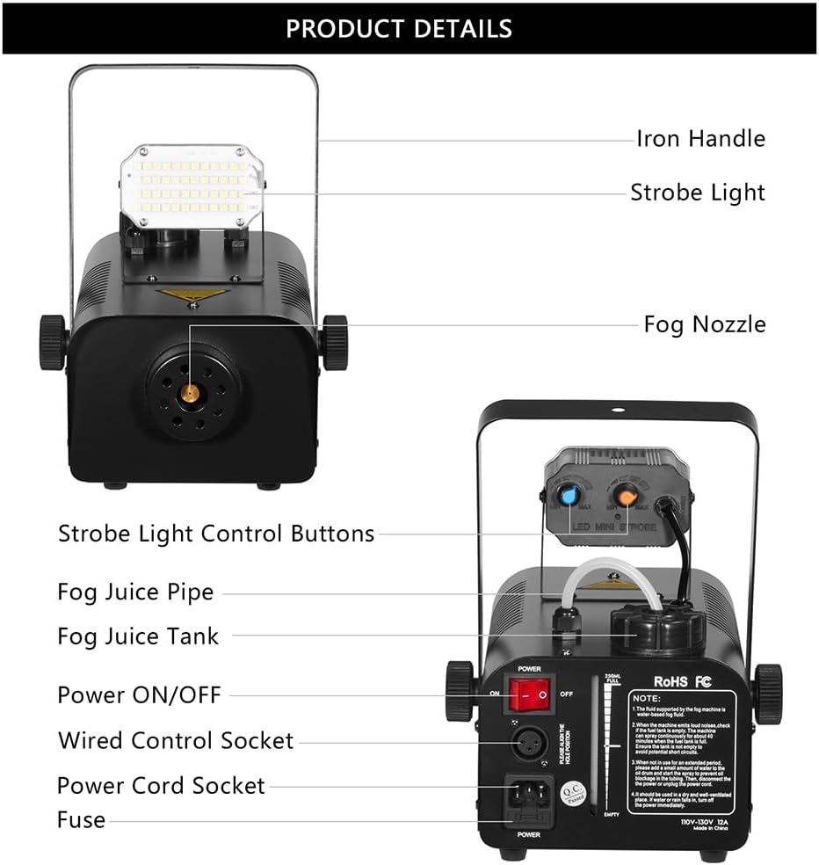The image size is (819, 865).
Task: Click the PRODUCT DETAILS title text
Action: [x=398, y=28]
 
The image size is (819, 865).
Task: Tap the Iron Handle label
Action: [x=700, y=139]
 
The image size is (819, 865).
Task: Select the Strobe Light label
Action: [x=697, y=193]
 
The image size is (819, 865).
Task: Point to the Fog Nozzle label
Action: [x=704, y=324]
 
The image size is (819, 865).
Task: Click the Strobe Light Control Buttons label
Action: [x=216, y=534]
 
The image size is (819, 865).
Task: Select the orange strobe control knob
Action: [x=626, y=494]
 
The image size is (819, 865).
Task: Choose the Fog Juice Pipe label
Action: [x=135, y=592]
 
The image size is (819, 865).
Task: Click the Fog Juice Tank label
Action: [x=138, y=636]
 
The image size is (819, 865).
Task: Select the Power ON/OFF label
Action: [x=139, y=694]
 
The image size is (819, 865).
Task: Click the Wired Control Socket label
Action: [x=176, y=740]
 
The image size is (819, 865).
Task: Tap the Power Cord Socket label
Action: [x=161, y=785]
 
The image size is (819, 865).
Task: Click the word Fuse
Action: [x=81, y=820]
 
